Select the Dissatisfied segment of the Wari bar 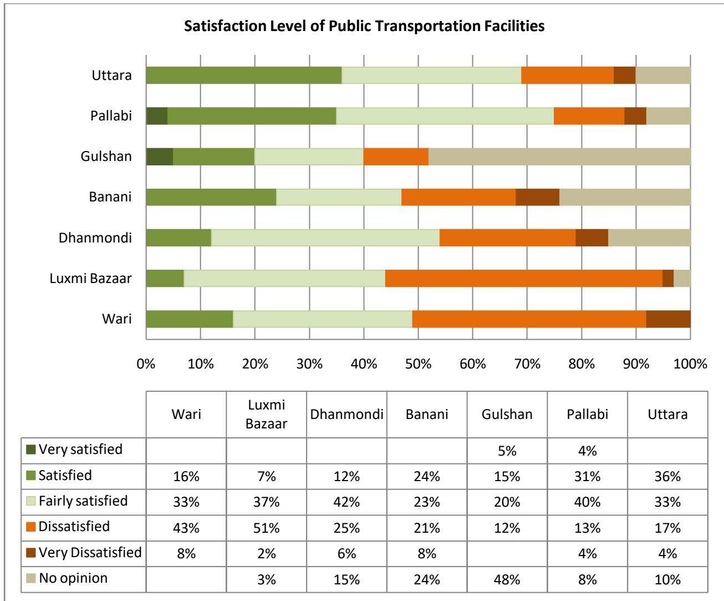point(529,319)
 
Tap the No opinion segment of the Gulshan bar point(559,156)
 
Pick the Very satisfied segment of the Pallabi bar point(157,115)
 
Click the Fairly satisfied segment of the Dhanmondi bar point(325,238)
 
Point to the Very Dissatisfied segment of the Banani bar point(537,197)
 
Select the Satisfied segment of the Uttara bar point(244,75)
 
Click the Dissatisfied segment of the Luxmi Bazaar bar point(523,279)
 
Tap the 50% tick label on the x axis point(418,364)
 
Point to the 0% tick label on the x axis point(146,364)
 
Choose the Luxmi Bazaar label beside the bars point(90,279)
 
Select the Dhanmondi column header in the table point(347,415)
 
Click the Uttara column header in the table point(667,415)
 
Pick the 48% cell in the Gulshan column point(507,579)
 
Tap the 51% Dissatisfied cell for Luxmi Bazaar point(267,528)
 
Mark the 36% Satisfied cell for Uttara point(667,476)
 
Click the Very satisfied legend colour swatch point(32,450)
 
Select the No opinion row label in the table point(73,578)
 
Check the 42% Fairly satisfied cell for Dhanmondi point(347,502)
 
